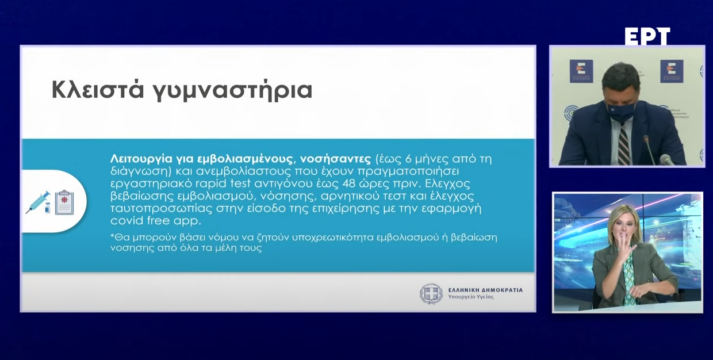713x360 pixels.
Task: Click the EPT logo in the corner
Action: [x=647, y=37]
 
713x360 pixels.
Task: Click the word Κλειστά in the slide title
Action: [x=95, y=90]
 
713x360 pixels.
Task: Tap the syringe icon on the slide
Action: [x=39, y=202]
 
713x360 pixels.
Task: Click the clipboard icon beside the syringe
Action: [x=64, y=202]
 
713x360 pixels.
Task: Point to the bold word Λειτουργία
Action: [x=137, y=159]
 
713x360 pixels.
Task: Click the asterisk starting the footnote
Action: [x=112, y=236]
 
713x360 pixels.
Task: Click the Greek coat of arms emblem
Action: [x=431, y=293]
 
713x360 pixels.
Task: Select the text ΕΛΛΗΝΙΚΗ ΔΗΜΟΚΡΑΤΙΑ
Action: [x=485, y=290]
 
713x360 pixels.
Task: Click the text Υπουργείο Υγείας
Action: [x=470, y=297]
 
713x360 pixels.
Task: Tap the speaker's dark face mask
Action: [x=621, y=110]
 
